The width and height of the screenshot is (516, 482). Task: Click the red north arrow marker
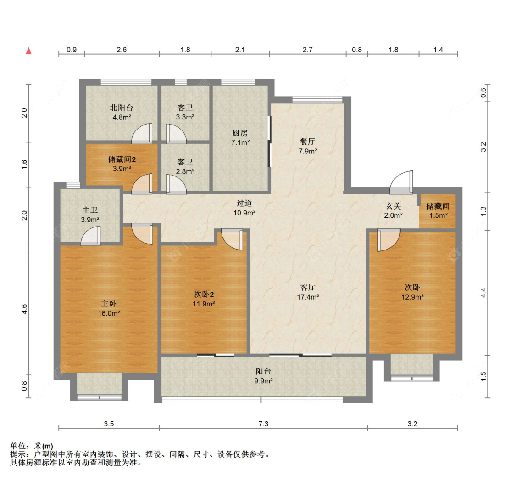click(x=28, y=51)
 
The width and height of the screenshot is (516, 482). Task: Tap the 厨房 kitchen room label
click(x=240, y=133)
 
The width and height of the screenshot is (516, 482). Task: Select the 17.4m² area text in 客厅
click(x=308, y=297)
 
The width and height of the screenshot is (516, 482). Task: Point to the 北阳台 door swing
click(x=142, y=133)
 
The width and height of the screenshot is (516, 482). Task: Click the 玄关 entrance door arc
click(x=400, y=183)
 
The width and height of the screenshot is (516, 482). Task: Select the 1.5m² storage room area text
click(x=438, y=215)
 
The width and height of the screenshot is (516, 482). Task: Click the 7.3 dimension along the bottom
click(x=263, y=425)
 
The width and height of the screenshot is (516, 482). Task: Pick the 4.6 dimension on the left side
click(x=25, y=309)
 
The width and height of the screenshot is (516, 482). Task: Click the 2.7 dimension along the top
click(x=307, y=50)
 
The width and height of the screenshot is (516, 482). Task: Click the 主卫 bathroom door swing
click(x=90, y=236)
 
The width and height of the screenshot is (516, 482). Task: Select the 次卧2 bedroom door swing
click(x=232, y=239)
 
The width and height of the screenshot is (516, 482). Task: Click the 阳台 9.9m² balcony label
click(x=263, y=376)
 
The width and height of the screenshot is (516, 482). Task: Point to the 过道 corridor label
click(x=244, y=204)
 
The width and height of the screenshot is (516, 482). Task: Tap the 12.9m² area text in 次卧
click(x=412, y=297)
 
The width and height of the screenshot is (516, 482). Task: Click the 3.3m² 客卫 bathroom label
click(x=185, y=117)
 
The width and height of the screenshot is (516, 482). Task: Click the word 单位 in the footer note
click(x=19, y=446)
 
